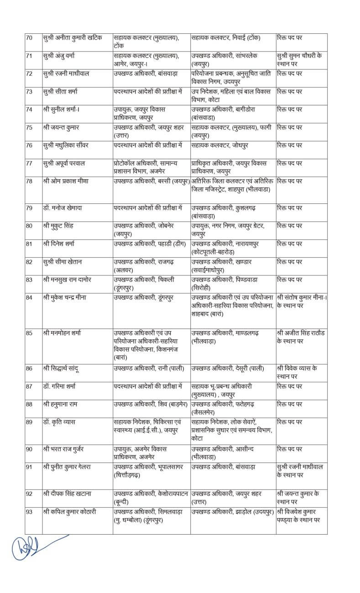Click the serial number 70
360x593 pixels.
[x=29, y=37]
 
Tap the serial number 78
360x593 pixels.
[x=29, y=181]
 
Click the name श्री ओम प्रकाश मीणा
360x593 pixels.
[x=69, y=181]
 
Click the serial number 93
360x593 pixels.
[x=29, y=512]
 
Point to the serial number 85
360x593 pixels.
[x=29, y=333]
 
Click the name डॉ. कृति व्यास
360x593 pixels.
[x=62, y=422]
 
